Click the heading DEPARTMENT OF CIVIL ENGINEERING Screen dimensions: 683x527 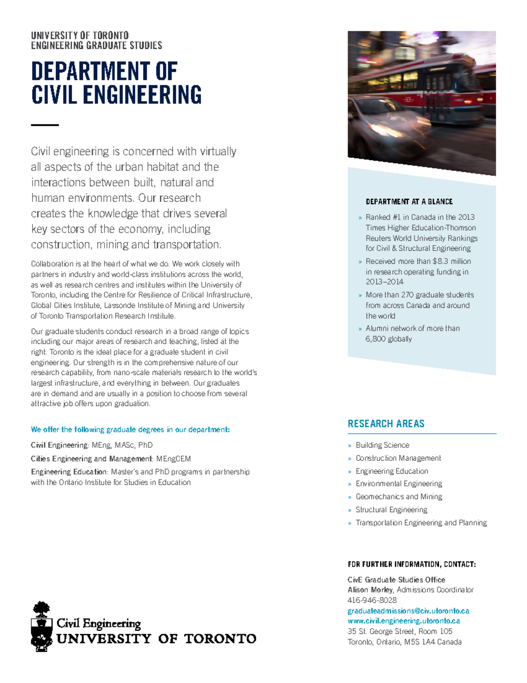tap(116, 83)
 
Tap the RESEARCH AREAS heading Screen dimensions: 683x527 tap(386, 424)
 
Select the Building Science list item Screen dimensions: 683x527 tap(382, 445)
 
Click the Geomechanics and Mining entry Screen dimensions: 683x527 tap(398, 497)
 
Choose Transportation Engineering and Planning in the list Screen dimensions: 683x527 tap(421, 522)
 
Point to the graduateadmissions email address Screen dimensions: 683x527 tap(408, 611)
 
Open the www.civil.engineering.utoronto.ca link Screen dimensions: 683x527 tap(403, 621)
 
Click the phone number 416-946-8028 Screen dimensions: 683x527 tap(372, 600)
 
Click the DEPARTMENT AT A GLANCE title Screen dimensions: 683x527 tap(409, 201)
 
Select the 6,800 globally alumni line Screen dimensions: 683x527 tap(388, 339)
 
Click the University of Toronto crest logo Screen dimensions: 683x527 tap(42, 626)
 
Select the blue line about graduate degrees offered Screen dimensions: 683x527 tap(130, 430)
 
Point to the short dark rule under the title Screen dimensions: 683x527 tap(45, 125)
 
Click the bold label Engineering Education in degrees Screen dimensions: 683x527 tap(69, 472)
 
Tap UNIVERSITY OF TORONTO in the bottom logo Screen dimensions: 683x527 tap(156, 639)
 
